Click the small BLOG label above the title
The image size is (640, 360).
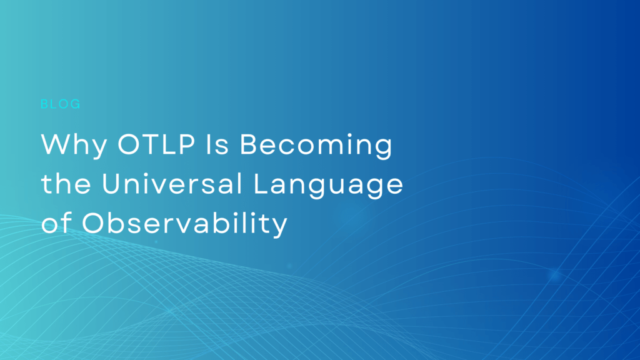tap(61, 104)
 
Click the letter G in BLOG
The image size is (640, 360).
tap(76, 104)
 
